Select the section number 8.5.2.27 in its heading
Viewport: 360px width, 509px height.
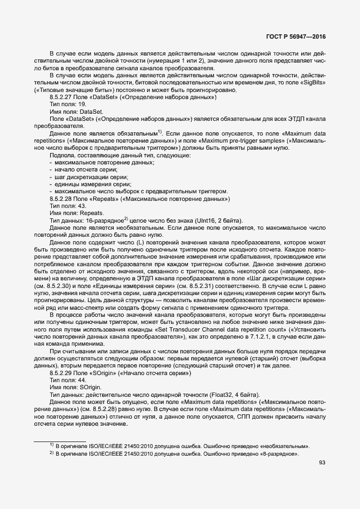click(61, 97)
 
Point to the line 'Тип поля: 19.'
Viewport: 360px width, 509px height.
click(68, 104)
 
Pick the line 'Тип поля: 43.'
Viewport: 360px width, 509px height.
click(68, 206)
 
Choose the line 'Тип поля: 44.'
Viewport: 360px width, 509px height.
click(68, 380)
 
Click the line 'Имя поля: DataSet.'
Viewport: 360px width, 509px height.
click(72, 111)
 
